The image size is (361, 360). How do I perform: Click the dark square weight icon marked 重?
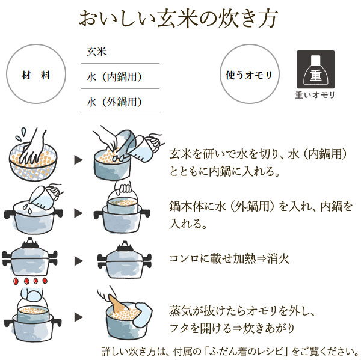coord(315,69)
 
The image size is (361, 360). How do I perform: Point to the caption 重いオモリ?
coord(315,95)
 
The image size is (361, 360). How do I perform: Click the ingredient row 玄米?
coord(96,52)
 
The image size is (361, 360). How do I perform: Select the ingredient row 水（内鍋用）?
coord(114,77)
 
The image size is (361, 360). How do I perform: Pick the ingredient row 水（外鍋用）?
coord(114,102)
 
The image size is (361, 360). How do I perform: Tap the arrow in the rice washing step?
coord(78,160)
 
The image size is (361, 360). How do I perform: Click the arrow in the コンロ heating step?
coord(78,261)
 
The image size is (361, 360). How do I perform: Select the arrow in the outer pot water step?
coord(78,213)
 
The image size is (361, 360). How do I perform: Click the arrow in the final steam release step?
coord(78,316)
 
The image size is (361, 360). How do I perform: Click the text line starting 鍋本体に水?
coord(261,206)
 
